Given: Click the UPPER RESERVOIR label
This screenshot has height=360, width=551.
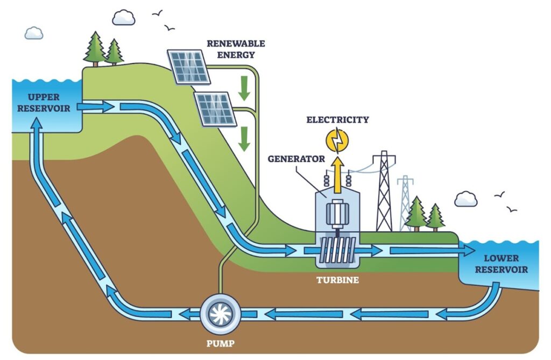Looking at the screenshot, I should (x=44, y=102).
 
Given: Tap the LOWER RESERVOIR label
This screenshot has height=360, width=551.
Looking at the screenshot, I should (x=501, y=264).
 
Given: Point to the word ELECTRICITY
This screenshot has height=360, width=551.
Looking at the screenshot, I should (x=337, y=119).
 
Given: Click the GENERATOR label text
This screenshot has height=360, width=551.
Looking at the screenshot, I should (x=296, y=159).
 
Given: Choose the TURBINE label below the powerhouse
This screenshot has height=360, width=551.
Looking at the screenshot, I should (x=337, y=280).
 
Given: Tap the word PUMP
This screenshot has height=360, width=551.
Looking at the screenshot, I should (x=220, y=342).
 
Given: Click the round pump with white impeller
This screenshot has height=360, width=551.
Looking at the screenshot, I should (x=220, y=313).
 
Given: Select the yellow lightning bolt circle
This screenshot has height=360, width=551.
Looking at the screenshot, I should (x=337, y=140).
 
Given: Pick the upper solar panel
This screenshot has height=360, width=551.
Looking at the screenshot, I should (x=188, y=66).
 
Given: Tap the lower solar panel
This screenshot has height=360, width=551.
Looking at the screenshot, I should (x=215, y=109).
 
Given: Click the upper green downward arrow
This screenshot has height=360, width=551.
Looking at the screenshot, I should (x=244, y=89).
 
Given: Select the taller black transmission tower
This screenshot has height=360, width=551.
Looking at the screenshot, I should (x=384, y=191).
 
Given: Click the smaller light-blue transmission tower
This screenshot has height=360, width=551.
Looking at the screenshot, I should (x=405, y=203).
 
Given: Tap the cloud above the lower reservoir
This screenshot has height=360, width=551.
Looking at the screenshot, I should (x=465, y=199).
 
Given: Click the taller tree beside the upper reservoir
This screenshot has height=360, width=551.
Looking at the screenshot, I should (x=95, y=48).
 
